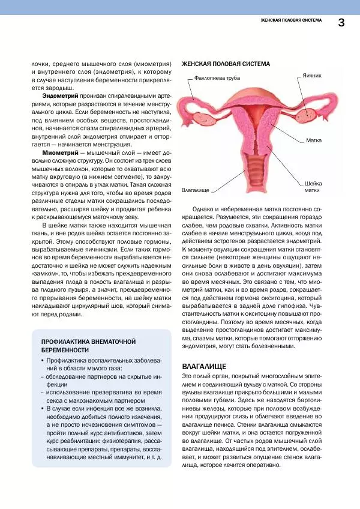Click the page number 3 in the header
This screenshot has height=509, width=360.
pyautogui.click(x=341, y=22)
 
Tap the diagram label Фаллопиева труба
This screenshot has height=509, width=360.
pyautogui.click(x=217, y=78)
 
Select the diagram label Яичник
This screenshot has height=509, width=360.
pyautogui.click(x=313, y=76)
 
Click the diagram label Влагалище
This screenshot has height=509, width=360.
pyautogui.click(x=195, y=190)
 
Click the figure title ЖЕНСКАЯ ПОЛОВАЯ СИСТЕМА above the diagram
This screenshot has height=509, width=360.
pyautogui.click(x=225, y=64)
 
